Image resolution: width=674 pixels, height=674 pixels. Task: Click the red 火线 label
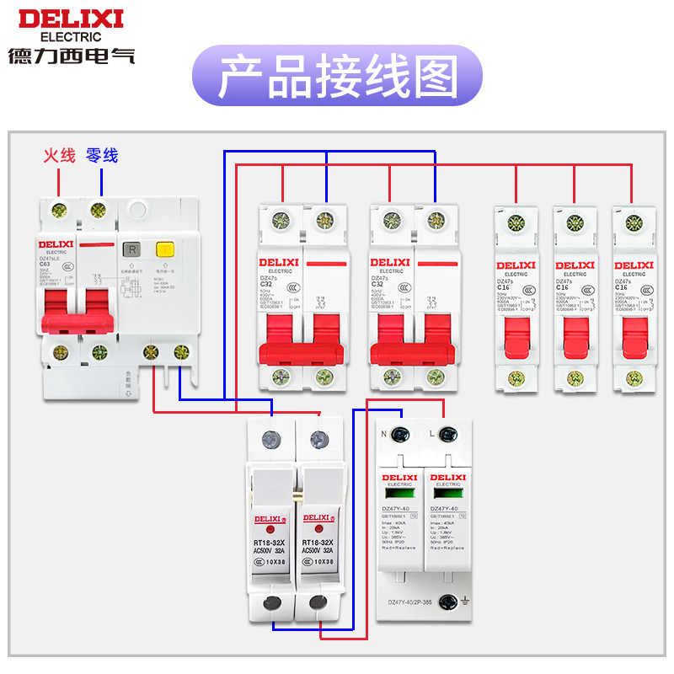[60, 156]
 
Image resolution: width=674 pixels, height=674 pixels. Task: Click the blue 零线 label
[102, 156]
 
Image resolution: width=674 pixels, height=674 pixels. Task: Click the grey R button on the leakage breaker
[131, 249]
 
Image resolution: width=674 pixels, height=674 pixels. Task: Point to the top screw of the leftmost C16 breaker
[516, 223]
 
